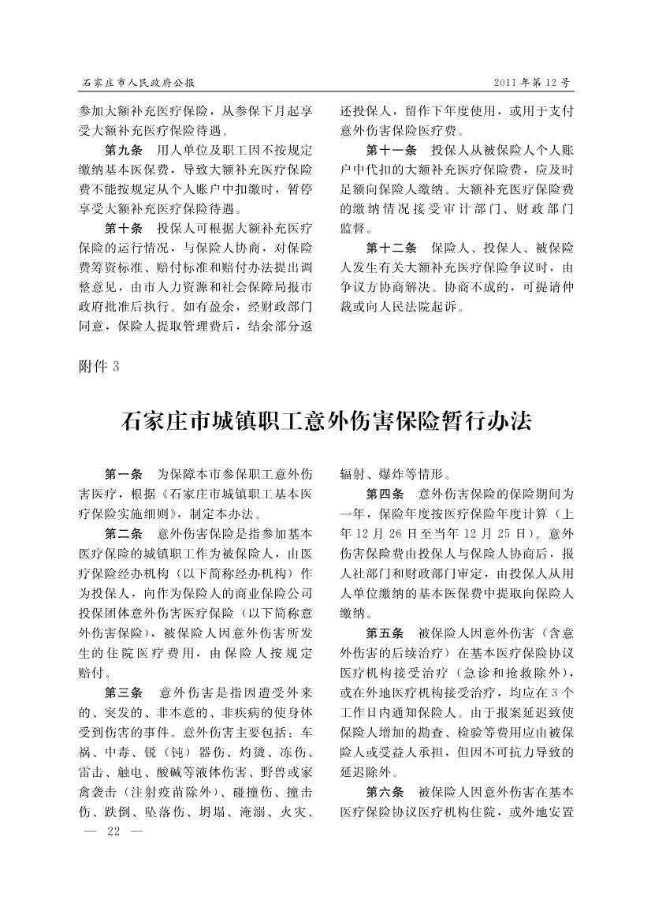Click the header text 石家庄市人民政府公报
tap(139, 82)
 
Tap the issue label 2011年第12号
tap(532, 82)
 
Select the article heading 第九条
tap(124, 150)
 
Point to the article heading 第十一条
tap(391, 150)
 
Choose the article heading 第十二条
tap(391, 248)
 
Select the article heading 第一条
tap(124, 475)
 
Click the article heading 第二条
tap(124, 534)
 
